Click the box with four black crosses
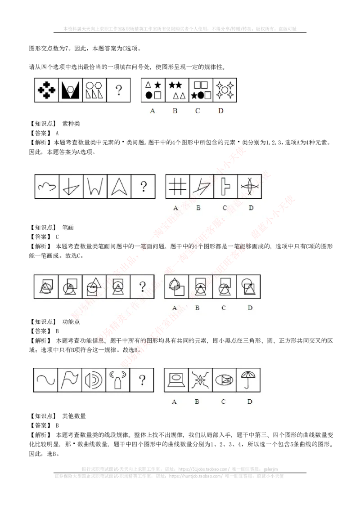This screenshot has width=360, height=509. pos(47,90)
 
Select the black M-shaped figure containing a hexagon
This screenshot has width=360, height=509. pos(71,90)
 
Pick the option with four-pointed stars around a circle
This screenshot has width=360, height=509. pos(225,90)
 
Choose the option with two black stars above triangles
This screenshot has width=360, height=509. pos(177,90)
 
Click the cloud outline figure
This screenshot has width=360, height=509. pos(47,186)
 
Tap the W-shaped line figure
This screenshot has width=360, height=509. pos(95,186)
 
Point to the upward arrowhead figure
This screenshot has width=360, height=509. pos(119,186)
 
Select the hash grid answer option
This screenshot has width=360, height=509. pos(177,186)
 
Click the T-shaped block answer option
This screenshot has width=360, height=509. pos(225,186)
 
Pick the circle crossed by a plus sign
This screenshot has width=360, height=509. pos(249,186)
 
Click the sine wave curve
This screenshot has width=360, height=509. pos(46,380)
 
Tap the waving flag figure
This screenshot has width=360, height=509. pos(70,380)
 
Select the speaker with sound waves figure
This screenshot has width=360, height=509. pos(94,380)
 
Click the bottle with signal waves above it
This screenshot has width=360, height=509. pos(117,380)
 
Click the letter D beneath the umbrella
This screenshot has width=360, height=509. pos(250,402)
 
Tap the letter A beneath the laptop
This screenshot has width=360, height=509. pos(174,402)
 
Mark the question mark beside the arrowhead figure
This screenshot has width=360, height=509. pos(143,186)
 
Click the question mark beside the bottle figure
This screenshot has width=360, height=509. pos(142,380)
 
